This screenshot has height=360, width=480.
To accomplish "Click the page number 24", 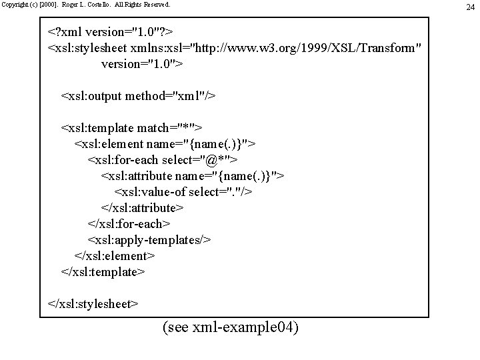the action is click(x=471, y=7).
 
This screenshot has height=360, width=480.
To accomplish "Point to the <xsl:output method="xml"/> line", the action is click(x=139, y=96).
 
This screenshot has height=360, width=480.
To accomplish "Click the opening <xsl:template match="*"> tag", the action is click(x=132, y=128).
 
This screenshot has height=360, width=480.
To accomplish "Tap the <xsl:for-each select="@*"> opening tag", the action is click(x=163, y=160).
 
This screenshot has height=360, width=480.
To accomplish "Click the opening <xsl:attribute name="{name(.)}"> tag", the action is click(x=193, y=176).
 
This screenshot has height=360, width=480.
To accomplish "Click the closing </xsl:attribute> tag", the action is click(x=142, y=208).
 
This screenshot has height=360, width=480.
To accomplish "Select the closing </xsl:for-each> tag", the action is click(x=129, y=224).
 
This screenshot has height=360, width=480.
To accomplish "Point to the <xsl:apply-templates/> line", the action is click(x=149, y=240).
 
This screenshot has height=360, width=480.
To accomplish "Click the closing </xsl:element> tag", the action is click(x=115, y=256).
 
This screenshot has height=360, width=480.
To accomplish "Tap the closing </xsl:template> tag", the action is click(x=103, y=272).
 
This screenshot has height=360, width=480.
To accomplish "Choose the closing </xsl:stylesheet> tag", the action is click(x=93, y=304).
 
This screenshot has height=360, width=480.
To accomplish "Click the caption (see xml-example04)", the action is click(x=230, y=328).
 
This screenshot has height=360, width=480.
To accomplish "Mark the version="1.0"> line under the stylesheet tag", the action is click(x=142, y=65).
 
